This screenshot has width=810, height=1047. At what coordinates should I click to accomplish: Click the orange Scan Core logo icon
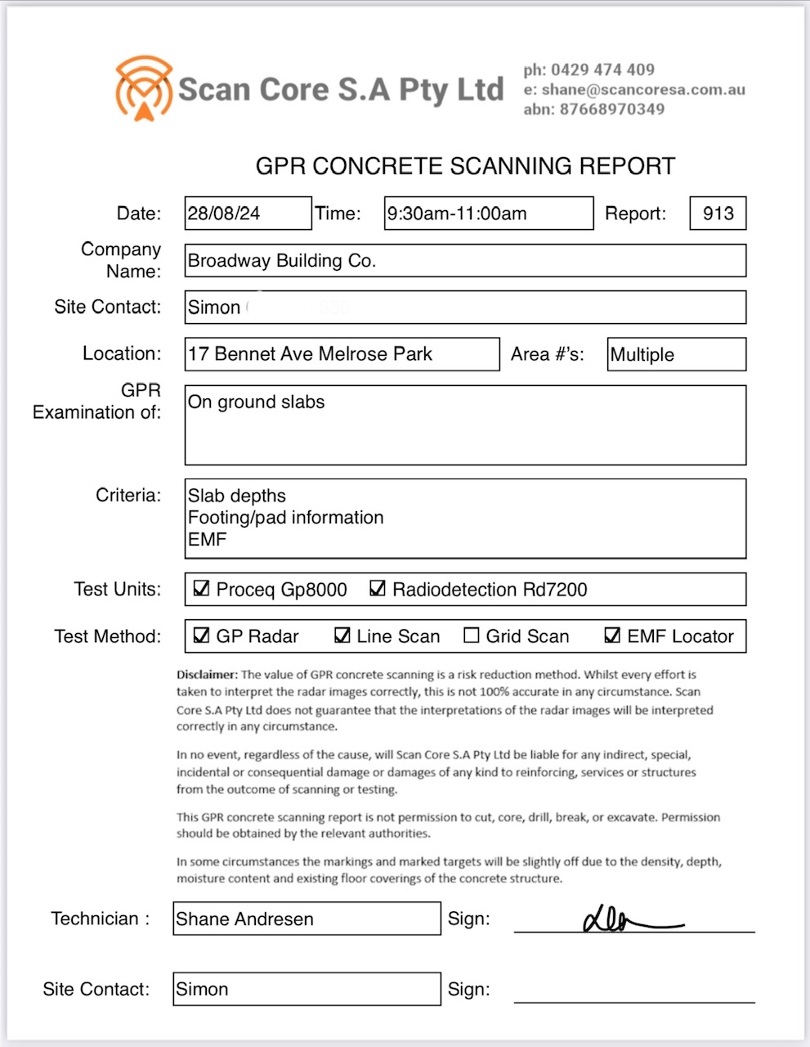click(144, 88)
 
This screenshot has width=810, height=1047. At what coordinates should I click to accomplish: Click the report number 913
click(718, 213)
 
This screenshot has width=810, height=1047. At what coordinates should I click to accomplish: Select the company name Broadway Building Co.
click(282, 261)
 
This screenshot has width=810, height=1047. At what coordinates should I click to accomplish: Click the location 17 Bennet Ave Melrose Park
click(311, 354)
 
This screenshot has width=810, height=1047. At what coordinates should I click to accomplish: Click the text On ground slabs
click(257, 402)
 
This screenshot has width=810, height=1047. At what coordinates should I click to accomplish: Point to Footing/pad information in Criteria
click(286, 518)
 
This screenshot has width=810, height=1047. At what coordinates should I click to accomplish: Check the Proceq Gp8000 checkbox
click(201, 588)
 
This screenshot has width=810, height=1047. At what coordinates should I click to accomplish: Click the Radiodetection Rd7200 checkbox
click(378, 588)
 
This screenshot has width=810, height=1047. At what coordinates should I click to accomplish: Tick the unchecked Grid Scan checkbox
click(472, 636)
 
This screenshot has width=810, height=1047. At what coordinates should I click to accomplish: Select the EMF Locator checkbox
click(612, 636)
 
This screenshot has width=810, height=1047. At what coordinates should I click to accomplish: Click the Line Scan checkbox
click(342, 636)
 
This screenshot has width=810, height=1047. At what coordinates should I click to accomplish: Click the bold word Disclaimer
click(206, 675)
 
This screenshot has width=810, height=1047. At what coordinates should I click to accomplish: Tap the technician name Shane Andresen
click(245, 919)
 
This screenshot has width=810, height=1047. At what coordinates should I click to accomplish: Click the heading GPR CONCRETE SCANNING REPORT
click(465, 166)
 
